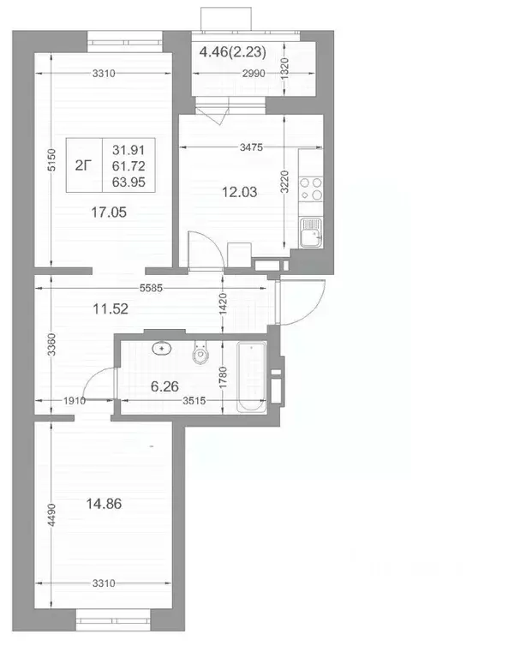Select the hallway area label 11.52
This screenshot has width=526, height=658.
click(x=111, y=309)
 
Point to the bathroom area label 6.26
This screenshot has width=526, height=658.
click(x=168, y=386)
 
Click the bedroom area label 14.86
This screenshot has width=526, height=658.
click(x=105, y=504)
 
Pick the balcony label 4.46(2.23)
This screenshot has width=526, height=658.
click(x=232, y=52)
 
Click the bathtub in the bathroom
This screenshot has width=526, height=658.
click(x=252, y=374)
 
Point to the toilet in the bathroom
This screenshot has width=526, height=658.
click(x=202, y=354)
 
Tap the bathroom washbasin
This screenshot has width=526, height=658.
click(x=162, y=349)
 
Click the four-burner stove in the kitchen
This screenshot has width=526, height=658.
click(x=313, y=188)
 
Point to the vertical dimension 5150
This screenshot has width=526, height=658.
click(x=51, y=159)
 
